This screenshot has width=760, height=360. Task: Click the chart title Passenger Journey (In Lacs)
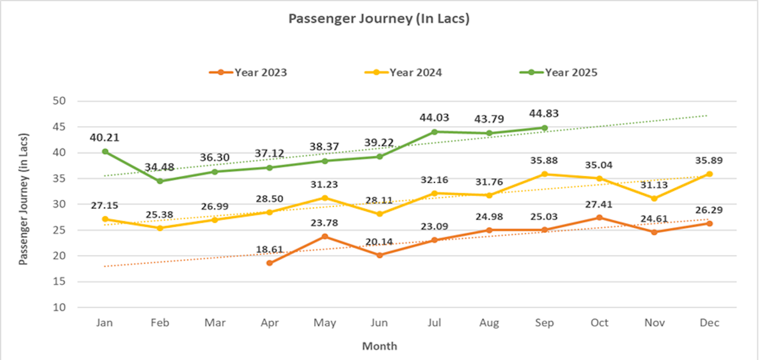pyautogui.click(x=379, y=19)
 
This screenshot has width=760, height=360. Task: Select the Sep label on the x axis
pyautogui.click(x=544, y=323)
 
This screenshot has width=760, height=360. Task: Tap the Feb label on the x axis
pyautogui.click(x=159, y=323)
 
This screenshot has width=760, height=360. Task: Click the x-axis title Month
pyautogui.click(x=379, y=346)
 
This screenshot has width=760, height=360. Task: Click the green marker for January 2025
pyautogui.click(x=105, y=151)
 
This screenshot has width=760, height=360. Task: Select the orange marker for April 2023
pyautogui.click(x=270, y=263)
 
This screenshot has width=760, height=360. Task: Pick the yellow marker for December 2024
pyautogui.click(x=709, y=174)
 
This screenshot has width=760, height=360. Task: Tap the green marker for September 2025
pyautogui.click(x=544, y=128)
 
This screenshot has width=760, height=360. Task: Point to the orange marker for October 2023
pyautogui.click(x=599, y=218)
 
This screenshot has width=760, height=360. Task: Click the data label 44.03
pyautogui.click(x=434, y=117)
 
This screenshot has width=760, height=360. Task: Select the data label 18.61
pyautogui.click(x=270, y=250)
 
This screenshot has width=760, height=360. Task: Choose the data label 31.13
pyautogui.click(x=654, y=185)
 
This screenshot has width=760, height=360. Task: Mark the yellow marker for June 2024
pyautogui.click(x=379, y=214)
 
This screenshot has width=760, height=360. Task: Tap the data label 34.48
pyautogui.click(x=159, y=167)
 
